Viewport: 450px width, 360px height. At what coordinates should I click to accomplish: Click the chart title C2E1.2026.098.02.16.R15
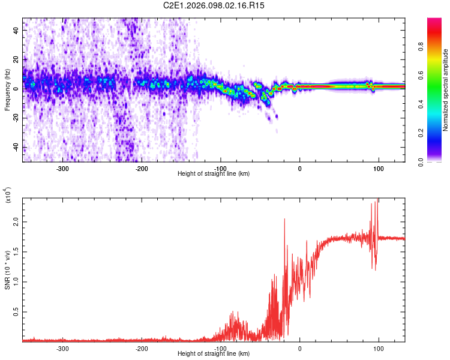[x=214, y=5]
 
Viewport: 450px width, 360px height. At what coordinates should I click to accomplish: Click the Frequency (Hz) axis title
[x=7, y=90]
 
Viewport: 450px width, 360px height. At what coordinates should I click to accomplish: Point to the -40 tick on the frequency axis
[x=16, y=148]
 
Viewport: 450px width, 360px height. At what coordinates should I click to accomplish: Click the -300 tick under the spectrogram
[x=62, y=169]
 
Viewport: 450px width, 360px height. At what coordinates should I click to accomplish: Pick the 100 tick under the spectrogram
[x=378, y=169]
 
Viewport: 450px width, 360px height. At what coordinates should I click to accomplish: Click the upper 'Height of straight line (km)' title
[x=214, y=173]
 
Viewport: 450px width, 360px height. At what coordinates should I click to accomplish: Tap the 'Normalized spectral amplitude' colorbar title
[x=446, y=90]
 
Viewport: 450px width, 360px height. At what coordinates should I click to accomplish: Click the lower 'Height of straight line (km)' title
[x=214, y=353]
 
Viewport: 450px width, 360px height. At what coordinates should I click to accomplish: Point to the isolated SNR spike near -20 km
[x=284, y=220]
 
